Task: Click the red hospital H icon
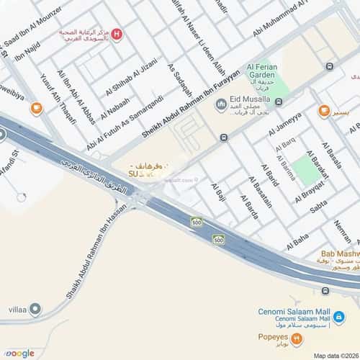click(117, 34)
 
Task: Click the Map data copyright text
click(335, 354)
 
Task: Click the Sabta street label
click(318, 208)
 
